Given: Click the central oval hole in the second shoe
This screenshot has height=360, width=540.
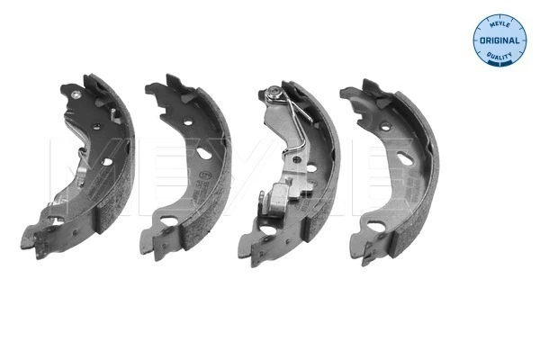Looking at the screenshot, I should click(201, 165).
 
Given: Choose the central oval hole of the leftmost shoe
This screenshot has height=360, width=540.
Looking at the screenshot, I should click(106, 162).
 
